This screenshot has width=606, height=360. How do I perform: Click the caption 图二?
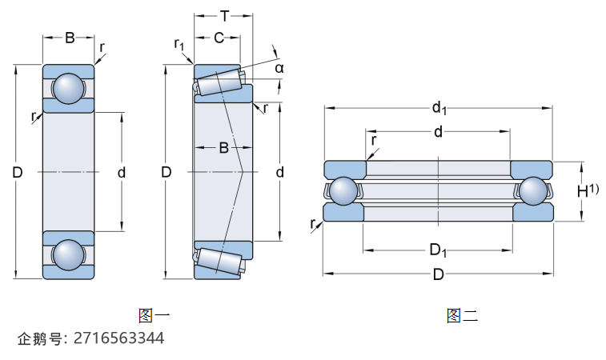[462, 315]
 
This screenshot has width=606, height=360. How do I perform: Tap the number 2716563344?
[118, 338]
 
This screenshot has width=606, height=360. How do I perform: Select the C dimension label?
[217, 37]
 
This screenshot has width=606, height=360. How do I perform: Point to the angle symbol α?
[279, 69]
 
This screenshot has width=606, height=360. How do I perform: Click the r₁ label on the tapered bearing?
[179, 44]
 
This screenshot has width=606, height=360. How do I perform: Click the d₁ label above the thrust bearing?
[439, 107]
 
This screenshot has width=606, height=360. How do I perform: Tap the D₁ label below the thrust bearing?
[438, 250]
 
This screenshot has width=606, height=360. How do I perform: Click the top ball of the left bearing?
[67, 88]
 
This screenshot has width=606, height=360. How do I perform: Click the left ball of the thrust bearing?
[344, 190]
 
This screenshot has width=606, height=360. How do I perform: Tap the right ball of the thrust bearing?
[533, 190]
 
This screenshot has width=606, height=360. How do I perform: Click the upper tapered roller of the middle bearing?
[218, 82]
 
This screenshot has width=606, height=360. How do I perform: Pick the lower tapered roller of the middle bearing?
[218, 262]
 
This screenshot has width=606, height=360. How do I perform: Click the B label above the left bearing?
[69, 38]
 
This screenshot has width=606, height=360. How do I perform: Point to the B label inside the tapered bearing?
[224, 148]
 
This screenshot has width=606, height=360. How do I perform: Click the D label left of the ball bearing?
[18, 172]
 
